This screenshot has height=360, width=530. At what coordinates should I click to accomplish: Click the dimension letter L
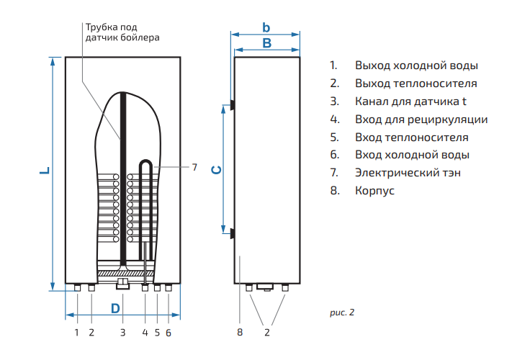click(44, 172)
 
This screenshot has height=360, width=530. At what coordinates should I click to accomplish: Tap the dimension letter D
click(115, 308)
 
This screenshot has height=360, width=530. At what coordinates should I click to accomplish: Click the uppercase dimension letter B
click(266, 44)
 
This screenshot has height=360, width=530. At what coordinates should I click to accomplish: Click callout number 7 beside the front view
click(194, 167)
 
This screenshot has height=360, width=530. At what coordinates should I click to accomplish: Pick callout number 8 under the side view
click(240, 333)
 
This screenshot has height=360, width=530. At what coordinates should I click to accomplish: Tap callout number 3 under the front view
click(122, 333)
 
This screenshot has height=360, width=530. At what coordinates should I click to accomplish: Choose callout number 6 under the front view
click(169, 333)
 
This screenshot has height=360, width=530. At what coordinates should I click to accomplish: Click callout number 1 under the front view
click(76, 333)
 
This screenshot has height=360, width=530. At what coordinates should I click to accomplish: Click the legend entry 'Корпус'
click(374, 191)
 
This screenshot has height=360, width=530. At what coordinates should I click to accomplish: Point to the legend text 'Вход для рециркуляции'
click(421, 119)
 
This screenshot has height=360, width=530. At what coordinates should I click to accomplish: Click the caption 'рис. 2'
click(342, 312)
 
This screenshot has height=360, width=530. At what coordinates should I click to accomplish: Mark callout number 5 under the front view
click(157, 333)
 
